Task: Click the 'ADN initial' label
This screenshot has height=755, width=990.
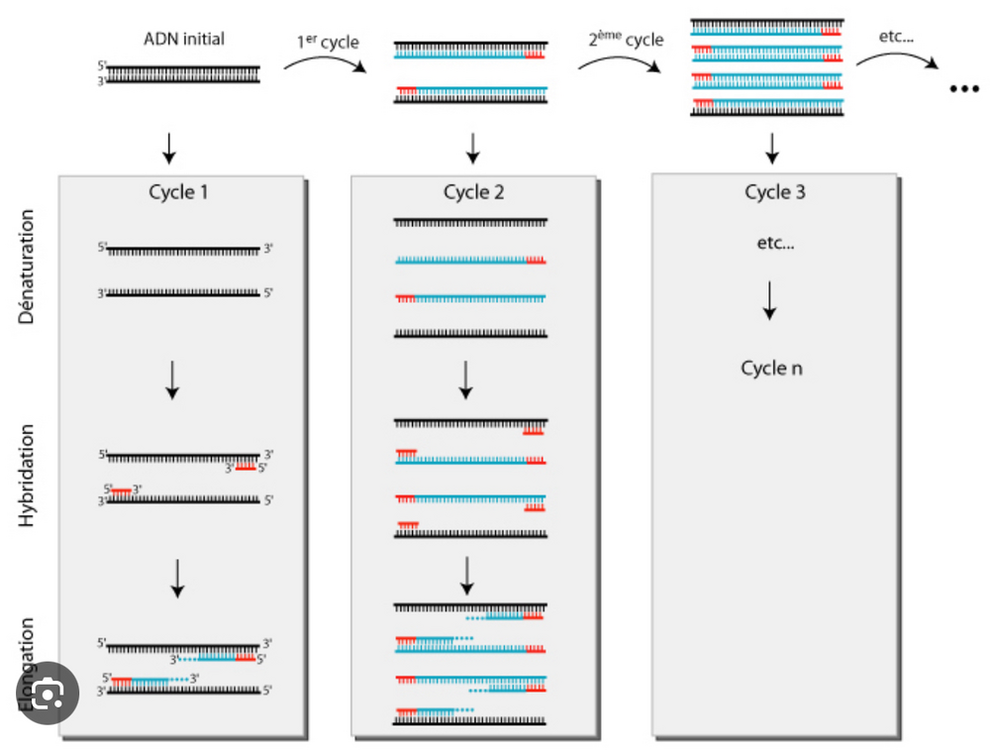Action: pyautogui.click(x=184, y=40)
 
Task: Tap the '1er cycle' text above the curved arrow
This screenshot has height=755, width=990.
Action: pyautogui.click(x=328, y=43)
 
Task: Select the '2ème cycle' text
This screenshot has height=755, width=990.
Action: pyautogui.click(x=624, y=41)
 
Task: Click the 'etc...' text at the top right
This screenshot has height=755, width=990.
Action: pyautogui.click(x=896, y=37)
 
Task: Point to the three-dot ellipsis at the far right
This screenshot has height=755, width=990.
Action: pyautogui.click(x=962, y=89)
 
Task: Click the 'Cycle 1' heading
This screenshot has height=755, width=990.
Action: pyautogui.click(x=178, y=192)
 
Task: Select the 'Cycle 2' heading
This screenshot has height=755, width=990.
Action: pyautogui.click(x=473, y=192)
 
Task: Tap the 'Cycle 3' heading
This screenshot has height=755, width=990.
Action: pyautogui.click(x=774, y=192)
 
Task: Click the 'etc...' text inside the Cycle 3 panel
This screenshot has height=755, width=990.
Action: pyautogui.click(x=773, y=244)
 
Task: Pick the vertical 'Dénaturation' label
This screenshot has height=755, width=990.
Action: pyautogui.click(x=27, y=267)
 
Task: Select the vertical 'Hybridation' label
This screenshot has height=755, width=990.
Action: pyautogui.click(x=27, y=475)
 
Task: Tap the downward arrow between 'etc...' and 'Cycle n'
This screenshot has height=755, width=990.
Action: pyautogui.click(x=769, y=299)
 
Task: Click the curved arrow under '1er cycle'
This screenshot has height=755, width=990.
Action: pyautogui.click(x=325, y=63)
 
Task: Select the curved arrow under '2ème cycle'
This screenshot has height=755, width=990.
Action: pyautogui.click(x=620, y=62)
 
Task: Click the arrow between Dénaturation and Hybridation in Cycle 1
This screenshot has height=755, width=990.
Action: pyautogui.click(x=172, y=379)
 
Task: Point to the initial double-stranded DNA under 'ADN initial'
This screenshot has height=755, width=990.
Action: pyautogui.click(x=183, y=73)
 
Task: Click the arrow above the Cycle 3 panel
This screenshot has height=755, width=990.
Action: pyautogui.click(x=773, y=147)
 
